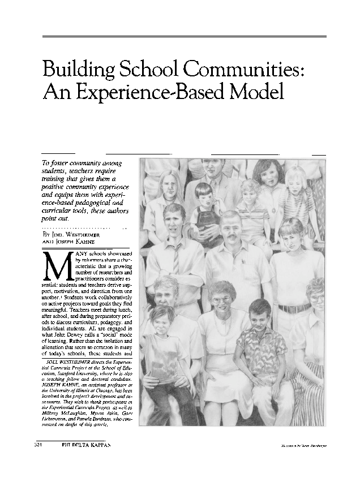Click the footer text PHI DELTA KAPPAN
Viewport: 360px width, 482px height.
point(83,445)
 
